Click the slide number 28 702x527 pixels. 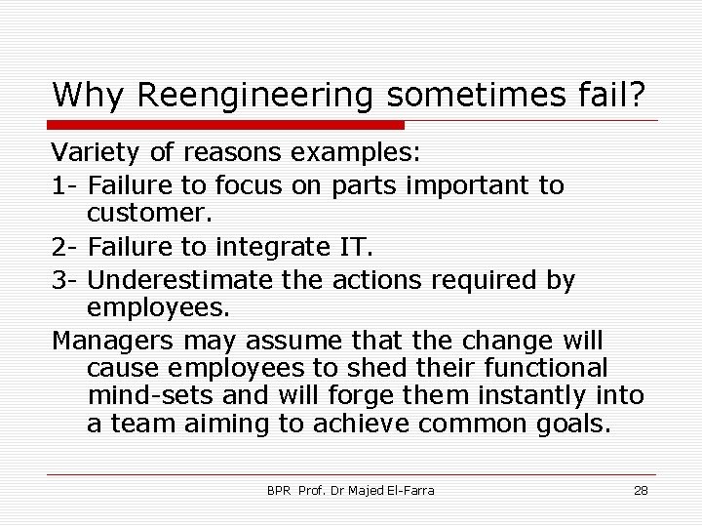tap(641, 490)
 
